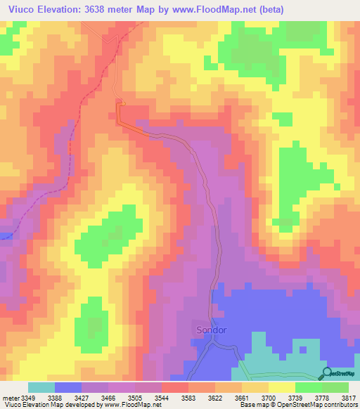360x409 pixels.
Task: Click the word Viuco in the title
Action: tap(18, 8)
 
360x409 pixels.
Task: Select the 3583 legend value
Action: tap(188, 398)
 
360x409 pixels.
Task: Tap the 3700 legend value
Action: tap(269, 398)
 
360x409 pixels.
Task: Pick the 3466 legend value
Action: tap(108, 398)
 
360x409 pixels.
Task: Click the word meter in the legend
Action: tap(10, 398)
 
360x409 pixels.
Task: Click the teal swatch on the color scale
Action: tap(41, 387)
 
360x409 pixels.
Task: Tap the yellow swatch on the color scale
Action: tap(282, 387)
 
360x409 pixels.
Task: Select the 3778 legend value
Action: tap(322, 398)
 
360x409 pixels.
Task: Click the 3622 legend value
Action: tap(215, 398)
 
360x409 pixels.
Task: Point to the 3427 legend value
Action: tap(82, 398)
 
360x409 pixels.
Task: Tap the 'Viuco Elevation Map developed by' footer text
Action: tap(49, 405)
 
